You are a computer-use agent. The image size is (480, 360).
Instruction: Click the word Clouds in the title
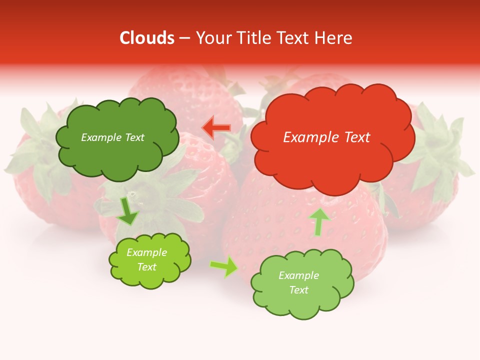147,38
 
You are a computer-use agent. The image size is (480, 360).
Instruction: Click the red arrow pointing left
216,128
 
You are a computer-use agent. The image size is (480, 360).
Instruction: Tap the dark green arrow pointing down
128,211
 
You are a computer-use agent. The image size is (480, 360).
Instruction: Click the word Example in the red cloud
309,137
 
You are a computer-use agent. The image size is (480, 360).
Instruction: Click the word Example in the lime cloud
146,252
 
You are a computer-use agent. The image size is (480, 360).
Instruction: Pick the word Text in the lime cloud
146,267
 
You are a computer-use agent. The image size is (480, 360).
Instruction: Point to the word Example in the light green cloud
298,275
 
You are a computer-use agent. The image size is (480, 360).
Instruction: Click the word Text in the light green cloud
298,290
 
